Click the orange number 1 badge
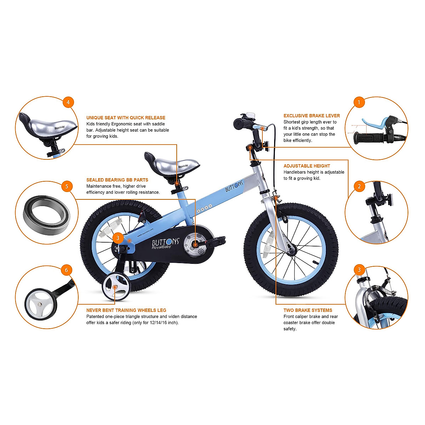click(x=359, y=102)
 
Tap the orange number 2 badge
click(x=359, y=186)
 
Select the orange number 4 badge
click(x=68, y=102)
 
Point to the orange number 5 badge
click(x=67, y=186)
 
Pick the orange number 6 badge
click(x=66, y=270)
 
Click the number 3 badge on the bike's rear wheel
click(x=118, y=238)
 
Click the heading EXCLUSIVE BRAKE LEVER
click(x=311, y=116)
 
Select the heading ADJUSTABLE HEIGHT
click(x=307, y=166)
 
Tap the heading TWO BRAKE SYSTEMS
click(x=307, y=310)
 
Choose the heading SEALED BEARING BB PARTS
click(x=117, y=180)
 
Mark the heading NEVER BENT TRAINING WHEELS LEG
click(x=126, y=310)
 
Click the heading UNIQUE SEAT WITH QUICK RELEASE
click(x=126, y=118)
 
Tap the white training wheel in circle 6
click(x=38, y=304)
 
